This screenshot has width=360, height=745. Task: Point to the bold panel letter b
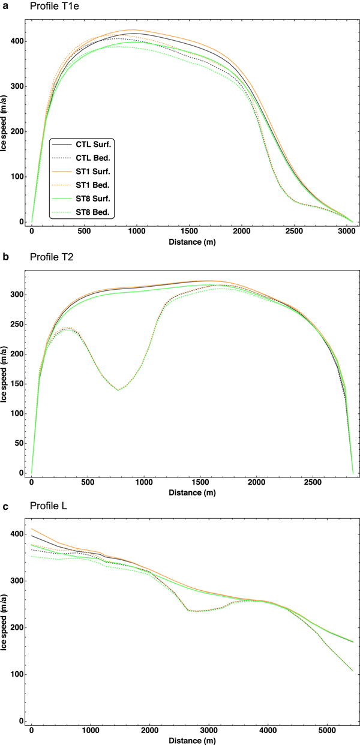click(5, 259)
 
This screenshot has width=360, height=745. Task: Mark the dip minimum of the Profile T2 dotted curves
click(118, 390)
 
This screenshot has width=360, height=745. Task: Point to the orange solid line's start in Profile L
click(31, 528)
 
